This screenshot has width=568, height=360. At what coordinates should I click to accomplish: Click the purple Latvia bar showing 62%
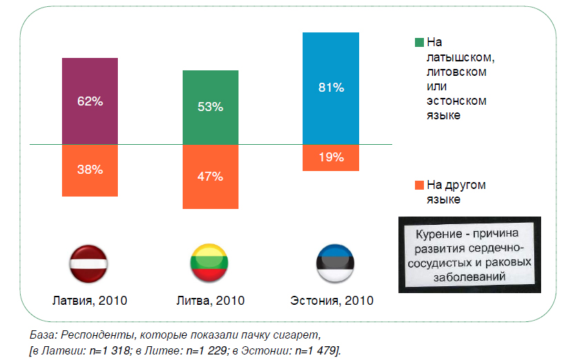click(x=90, y=101)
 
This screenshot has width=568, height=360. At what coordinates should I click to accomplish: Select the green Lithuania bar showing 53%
click(x=210, y=107)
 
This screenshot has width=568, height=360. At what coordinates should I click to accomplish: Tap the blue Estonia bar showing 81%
click(x=331, y=88)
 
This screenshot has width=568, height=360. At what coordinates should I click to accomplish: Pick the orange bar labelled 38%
click(x=90, y=169)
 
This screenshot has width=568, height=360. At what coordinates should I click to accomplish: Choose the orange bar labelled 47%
click(x=210, y=177)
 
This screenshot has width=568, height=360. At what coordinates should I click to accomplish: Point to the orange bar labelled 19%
click(x=331, y=157)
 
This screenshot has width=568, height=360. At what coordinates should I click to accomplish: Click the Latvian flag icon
click(x=90, y=263)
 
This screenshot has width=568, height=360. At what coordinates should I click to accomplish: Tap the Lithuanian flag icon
click(x=210, y=263)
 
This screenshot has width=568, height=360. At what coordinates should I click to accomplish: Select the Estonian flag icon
click(x=331, y=263)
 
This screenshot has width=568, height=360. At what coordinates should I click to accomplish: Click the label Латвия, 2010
click(x=90, y=301)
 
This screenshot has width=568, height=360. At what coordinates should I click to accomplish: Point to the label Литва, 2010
click(x=210, y=301)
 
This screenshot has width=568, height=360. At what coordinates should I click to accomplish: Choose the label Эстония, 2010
click(x=332, y=301)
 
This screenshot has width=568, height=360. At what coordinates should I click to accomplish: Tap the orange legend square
click(x=419, y=185)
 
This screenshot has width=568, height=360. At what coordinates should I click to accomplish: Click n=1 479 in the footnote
click(x=314, y=350)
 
